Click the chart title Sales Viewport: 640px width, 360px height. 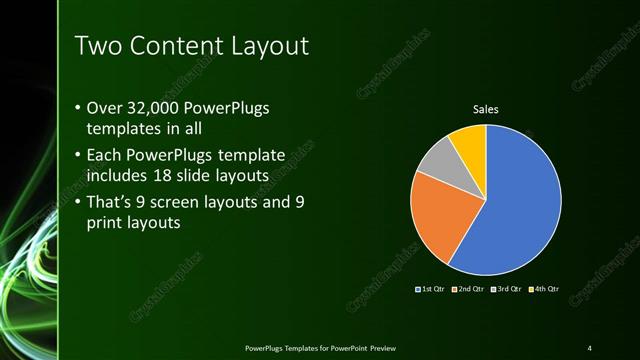[485, 109]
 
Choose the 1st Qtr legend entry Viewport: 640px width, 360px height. [429, 289]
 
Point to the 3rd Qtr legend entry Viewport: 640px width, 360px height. [506, 289]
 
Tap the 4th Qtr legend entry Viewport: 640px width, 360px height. [545, 289]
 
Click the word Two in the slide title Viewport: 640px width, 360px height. [97, 46]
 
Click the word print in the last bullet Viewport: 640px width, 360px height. [115, 224]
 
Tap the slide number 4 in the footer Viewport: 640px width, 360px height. [589, 347]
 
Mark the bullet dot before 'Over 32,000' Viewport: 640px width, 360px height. [79, 108]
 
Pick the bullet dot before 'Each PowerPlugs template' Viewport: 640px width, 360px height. [79, 157]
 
